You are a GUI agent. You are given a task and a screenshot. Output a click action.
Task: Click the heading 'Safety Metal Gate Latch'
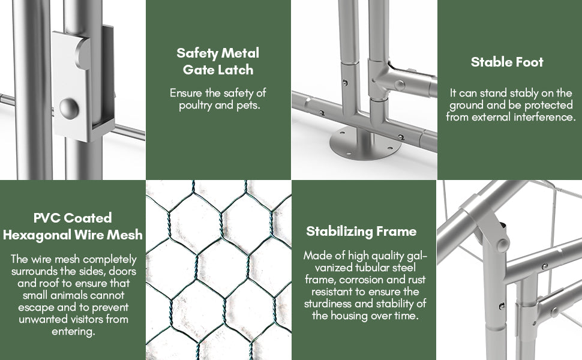pos(218,61)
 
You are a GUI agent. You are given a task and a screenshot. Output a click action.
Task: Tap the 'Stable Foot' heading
pos(507,62)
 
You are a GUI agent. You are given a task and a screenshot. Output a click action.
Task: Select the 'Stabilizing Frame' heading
pos(361,231)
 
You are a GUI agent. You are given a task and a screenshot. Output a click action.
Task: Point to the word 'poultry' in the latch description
pos(195,106)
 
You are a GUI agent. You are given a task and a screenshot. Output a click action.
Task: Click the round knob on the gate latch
pos(69,109)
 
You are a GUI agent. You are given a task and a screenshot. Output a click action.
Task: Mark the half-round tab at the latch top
pos(82,54)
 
